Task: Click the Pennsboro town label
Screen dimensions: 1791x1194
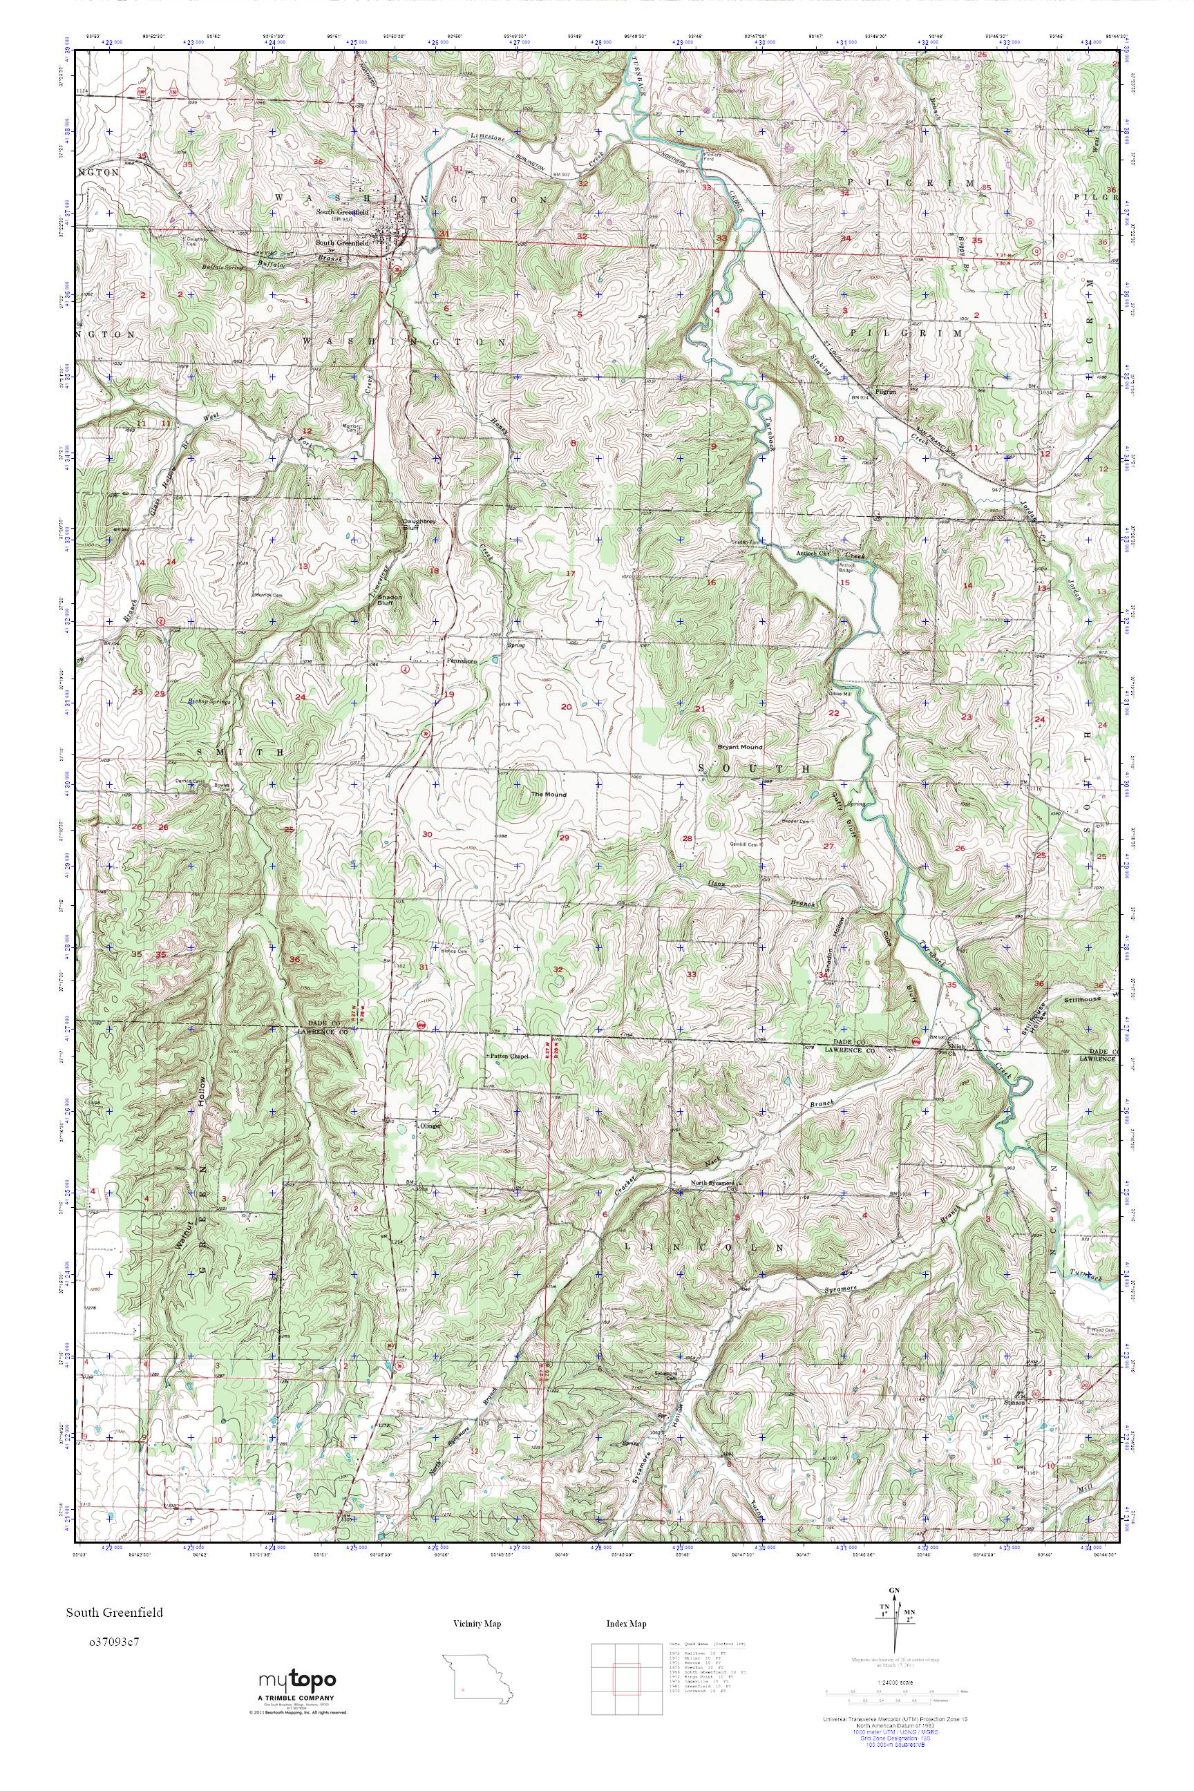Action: pyautogui.click(x=462, y=662)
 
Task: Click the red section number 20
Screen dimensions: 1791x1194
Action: pyautogui.click(x=566, y=707)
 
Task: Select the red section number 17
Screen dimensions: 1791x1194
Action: pyautogui.click(x=569, y=573)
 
